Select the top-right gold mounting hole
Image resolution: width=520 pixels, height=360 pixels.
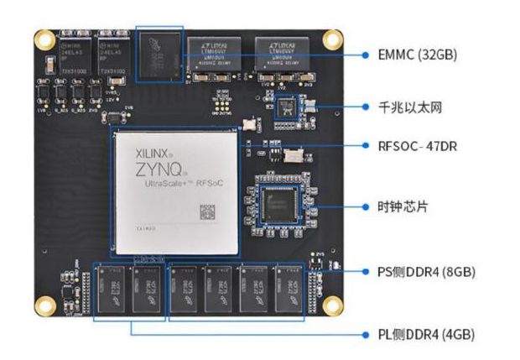[333, 39]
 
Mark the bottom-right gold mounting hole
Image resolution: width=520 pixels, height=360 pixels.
[333, 305]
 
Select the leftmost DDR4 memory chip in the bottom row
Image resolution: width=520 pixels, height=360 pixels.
[112, 291]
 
